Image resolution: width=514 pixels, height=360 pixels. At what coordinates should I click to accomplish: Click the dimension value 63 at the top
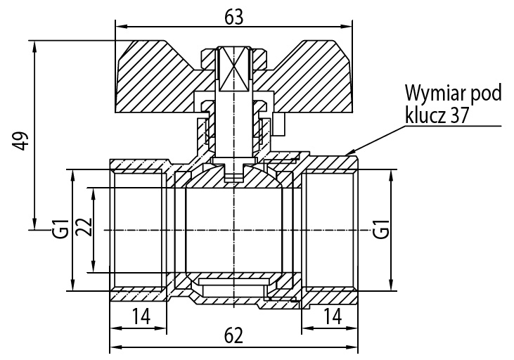234,17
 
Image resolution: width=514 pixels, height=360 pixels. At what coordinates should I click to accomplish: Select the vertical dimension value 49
21,141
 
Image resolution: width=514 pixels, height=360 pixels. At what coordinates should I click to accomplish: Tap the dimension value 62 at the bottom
233,335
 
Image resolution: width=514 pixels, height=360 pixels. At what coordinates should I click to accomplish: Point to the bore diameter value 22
84,226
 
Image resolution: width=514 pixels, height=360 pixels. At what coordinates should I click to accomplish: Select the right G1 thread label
381,229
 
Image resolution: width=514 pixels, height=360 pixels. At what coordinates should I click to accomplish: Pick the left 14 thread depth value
141,316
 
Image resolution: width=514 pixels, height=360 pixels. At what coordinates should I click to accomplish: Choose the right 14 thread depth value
333,316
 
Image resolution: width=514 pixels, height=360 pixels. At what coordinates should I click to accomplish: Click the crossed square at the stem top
233,68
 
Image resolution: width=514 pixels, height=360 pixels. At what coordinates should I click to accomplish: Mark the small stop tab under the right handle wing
279,124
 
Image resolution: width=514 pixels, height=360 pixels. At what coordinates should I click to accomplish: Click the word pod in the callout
485,94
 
